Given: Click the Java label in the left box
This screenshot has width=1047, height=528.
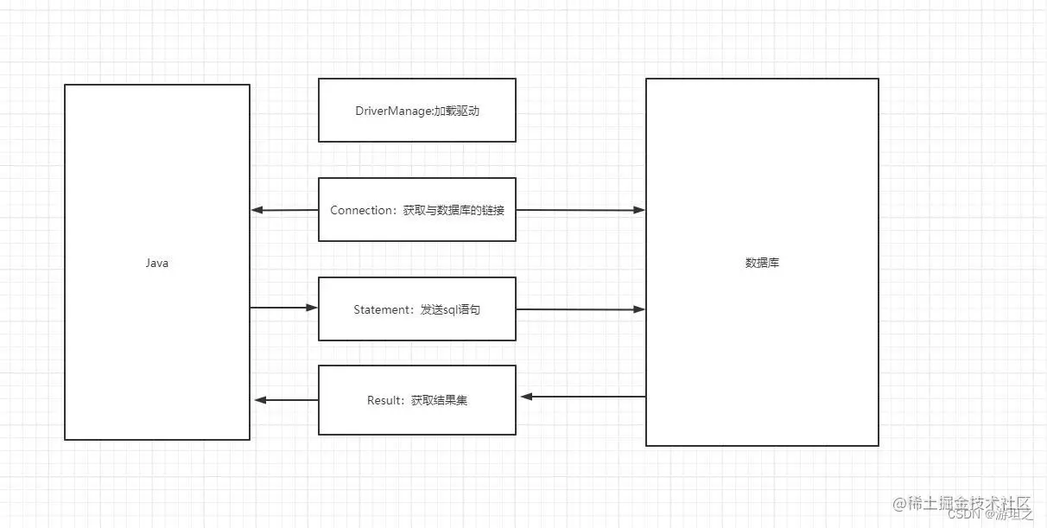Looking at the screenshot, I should click(156, 264).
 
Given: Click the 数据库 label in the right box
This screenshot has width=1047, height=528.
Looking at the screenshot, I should click(762, 263).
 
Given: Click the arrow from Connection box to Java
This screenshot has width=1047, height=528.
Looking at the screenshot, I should click(284, 210).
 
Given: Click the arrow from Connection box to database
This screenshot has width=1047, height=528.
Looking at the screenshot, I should click(581, 210).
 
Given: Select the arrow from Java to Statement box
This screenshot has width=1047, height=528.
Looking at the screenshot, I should click(284, 307).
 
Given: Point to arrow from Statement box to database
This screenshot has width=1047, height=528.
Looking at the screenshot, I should click(581, 309).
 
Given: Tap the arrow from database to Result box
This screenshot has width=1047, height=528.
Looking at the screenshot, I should click(583, 397).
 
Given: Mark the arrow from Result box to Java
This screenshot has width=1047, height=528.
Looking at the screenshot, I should click(287, 399).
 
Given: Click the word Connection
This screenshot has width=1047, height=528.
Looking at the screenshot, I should click(361, 210).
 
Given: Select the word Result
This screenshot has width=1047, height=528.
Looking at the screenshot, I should click(384, 400).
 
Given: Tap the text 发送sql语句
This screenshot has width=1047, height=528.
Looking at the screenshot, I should click(450, 309).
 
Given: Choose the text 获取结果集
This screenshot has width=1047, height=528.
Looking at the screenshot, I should click(439, 400).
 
